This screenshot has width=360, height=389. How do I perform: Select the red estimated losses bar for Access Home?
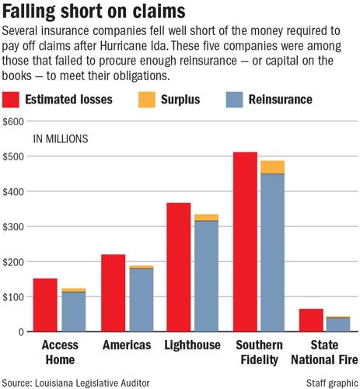pyautogui.click(x=44, y=304)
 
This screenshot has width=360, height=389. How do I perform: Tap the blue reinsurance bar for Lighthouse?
pyautogui.click(x=206, y=288)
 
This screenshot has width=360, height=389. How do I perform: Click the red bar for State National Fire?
pyautogui.click(x=311, y=320)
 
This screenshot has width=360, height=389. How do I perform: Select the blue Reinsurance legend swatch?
pyautogui.click(x=229, y=100)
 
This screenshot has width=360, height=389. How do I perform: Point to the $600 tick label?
pyautogui.click(x=13, y=122)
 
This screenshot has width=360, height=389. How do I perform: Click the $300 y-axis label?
pyautogui.click(x=13, y=226)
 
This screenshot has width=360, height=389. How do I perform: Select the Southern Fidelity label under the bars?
pyautogui.click(x=257, y=352)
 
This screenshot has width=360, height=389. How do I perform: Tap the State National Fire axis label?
pyautogui.click(x=324, y=352)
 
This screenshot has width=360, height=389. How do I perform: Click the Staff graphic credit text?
pyautogui.click(x=328, y=381)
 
